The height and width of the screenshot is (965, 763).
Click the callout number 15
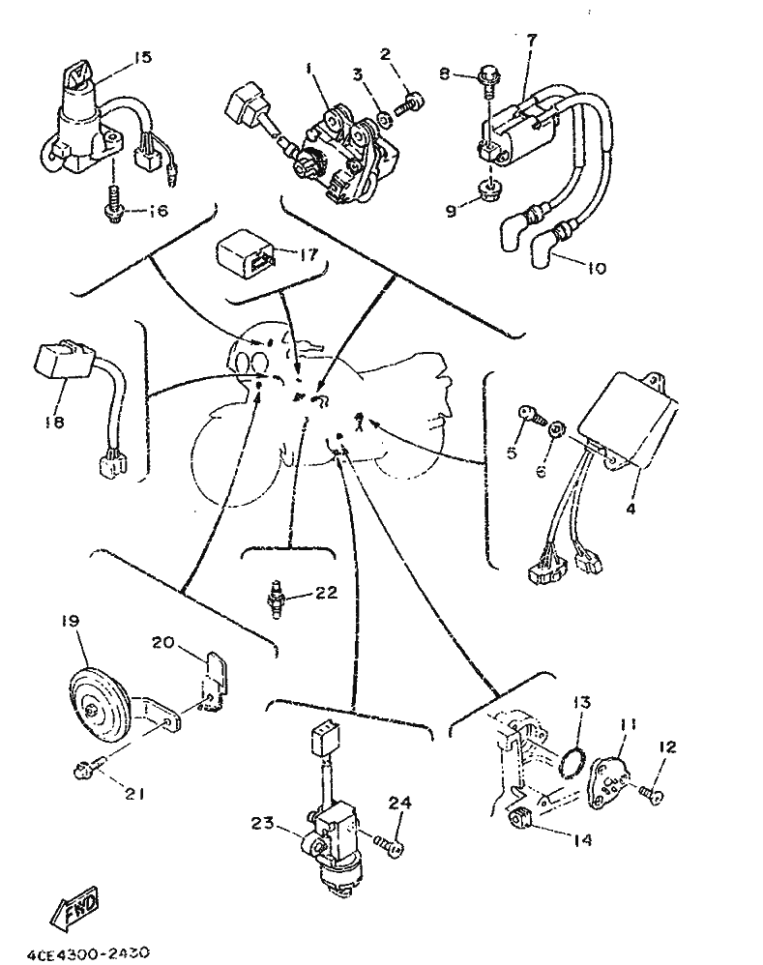tap(142, 57)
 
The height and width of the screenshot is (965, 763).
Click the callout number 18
tap(55, 423)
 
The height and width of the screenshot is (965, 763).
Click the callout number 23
tap(263, 823)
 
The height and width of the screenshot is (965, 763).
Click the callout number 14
tap(581, 839)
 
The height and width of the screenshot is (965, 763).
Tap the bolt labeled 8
tap(489, 78)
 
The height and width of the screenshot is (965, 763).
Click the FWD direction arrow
tap(74, 906)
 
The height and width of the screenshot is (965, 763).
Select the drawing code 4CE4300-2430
tap(88, 953)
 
